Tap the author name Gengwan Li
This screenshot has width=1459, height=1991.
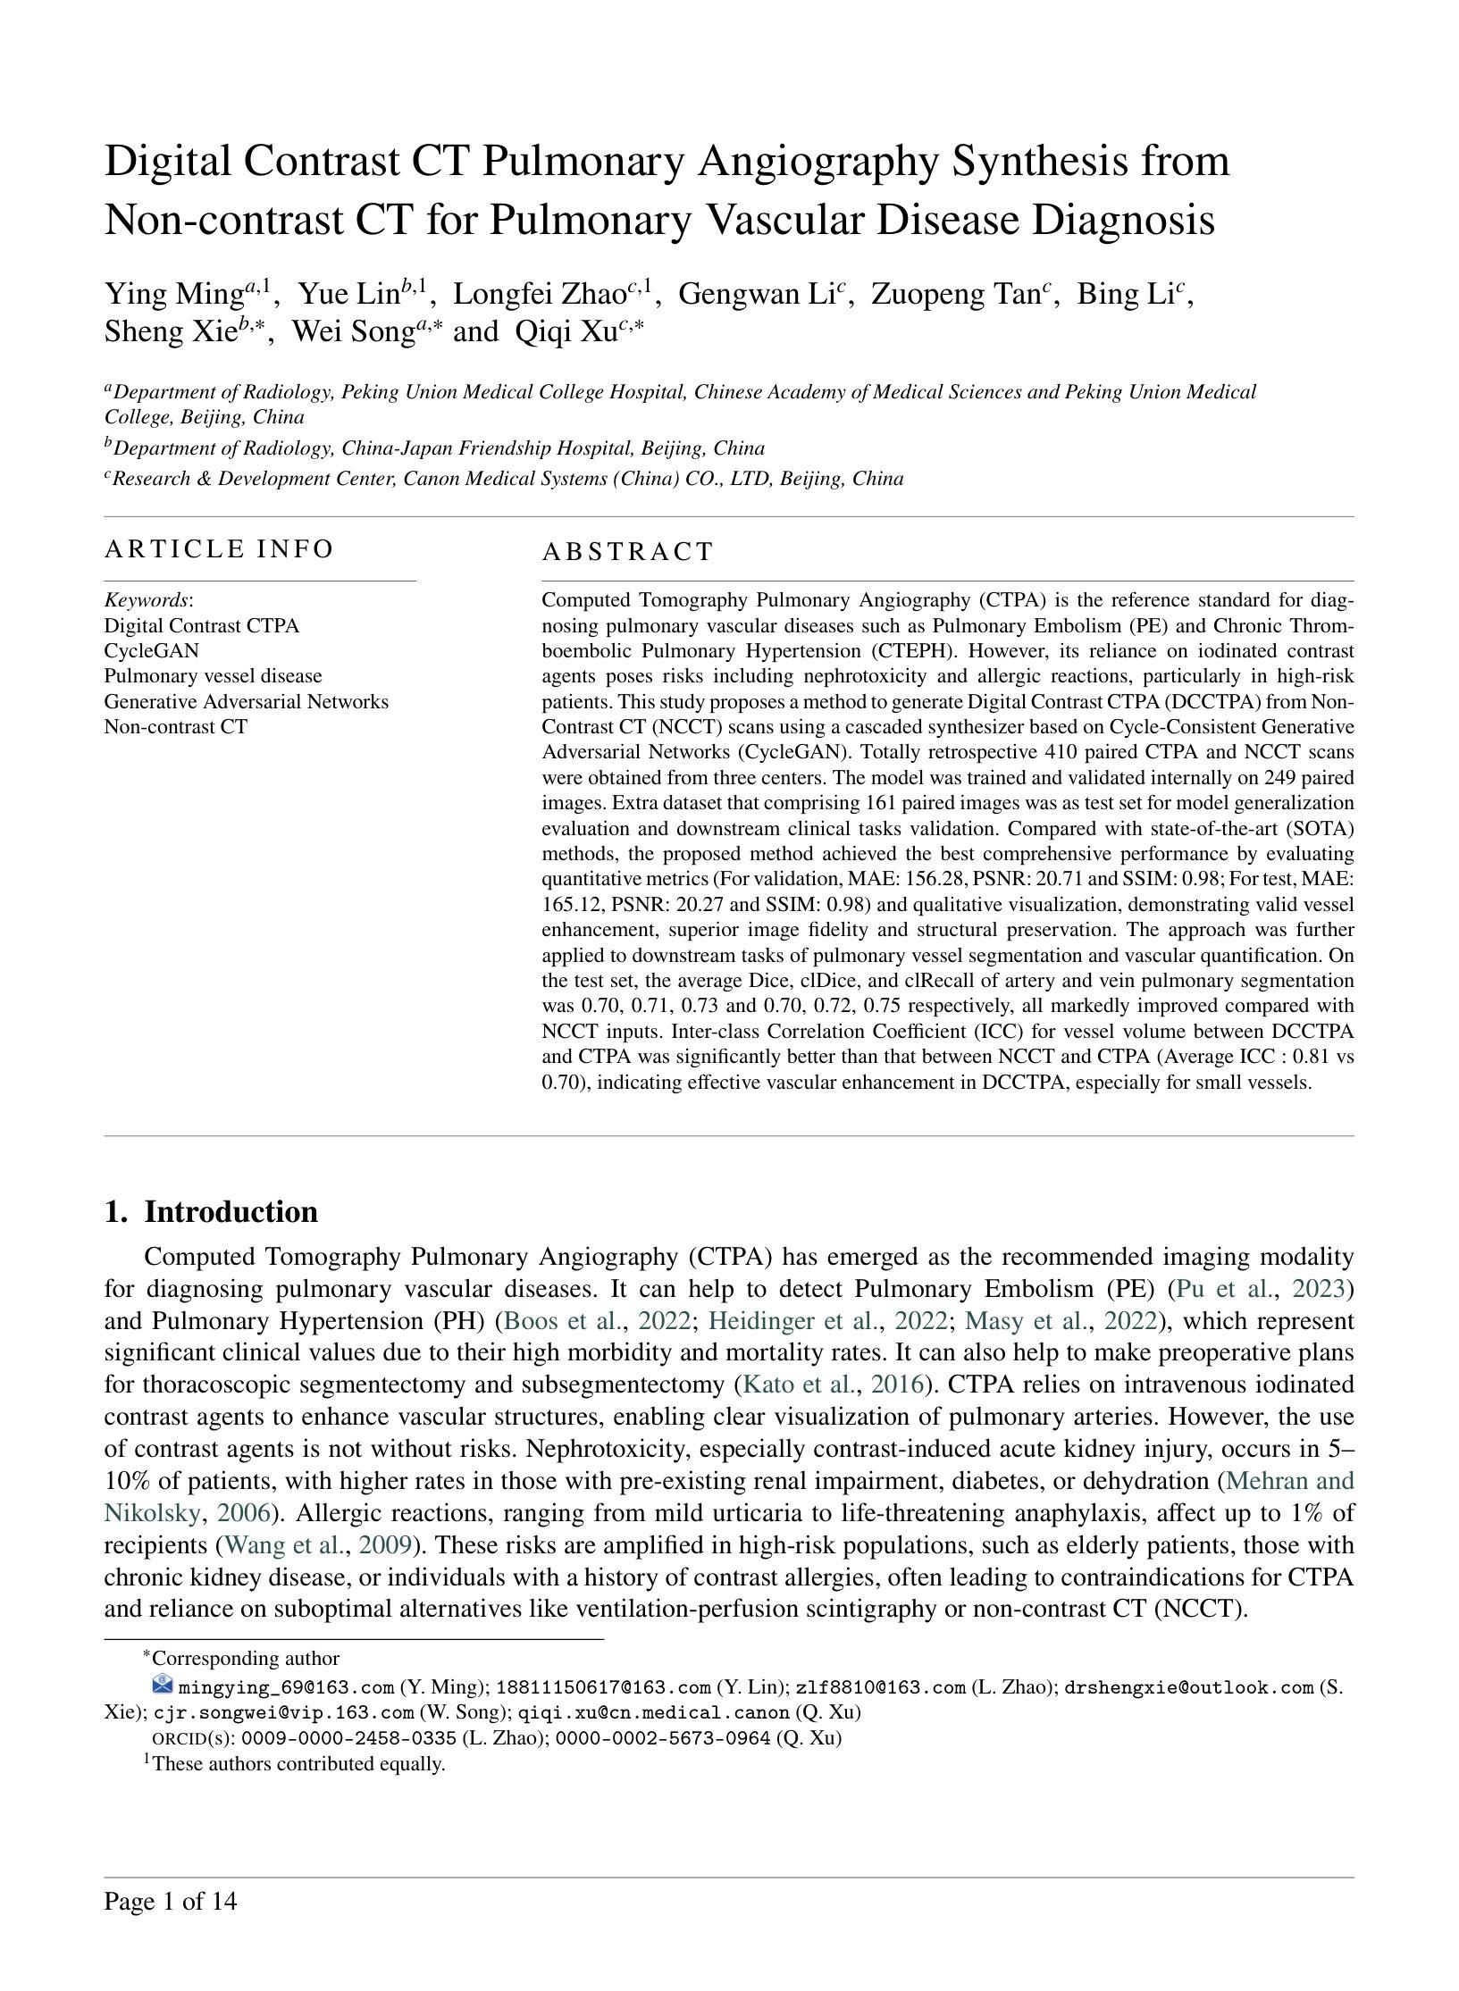(x=757, y=294)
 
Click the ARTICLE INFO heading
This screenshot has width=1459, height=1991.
(x=219, y=548)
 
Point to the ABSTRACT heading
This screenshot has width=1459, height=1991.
(x=627, y=552)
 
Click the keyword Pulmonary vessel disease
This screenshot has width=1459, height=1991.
(x=213, y=676)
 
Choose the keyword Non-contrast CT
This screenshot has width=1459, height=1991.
(x=176, y=726)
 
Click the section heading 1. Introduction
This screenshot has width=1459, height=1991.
(x=211, y=1212)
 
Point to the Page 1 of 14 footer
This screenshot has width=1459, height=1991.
(x=171, y=1901)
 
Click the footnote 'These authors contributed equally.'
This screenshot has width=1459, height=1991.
(x=298, y=1764)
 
